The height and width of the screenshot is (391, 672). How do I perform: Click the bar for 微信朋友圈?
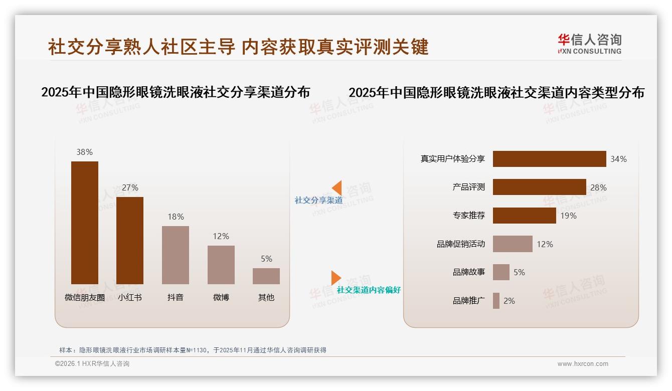tap(85, 223)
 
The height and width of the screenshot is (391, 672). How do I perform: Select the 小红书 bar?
tap(130, 241)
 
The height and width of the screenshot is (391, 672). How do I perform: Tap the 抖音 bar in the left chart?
tap(176, 255)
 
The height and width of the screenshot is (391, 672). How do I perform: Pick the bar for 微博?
tap(221, 265)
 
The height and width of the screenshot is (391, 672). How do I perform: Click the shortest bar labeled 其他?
tap(266, 276)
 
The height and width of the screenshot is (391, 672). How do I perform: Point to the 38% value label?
tap(85, 152)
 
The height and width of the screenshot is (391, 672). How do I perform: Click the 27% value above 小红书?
tap(130, 187)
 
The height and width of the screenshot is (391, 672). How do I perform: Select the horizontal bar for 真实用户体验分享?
tap(549, 159)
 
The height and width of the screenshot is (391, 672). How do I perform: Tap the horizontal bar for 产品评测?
tap(539, 187)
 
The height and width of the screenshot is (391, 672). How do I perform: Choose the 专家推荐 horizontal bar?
tap(524, 216)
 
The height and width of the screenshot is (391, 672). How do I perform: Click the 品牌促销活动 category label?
tap(461, 244)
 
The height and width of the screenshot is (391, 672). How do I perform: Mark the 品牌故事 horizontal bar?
tap(501, 272)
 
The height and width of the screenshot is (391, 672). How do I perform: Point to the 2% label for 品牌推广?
tap(509, 301)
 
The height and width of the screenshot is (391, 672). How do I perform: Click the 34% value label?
tap(618, 159)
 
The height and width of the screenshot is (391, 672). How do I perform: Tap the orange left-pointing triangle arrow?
tap(337, 188)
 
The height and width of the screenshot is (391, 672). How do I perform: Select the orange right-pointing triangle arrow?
tap(335, 277)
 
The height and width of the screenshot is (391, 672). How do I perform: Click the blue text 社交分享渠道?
tap(318, 201)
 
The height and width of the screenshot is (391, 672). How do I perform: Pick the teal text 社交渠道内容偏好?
tap(369, 290)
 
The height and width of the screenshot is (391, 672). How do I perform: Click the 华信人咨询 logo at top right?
tap(589, 44)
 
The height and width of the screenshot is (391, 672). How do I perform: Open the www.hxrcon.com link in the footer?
tap(583, 364)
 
